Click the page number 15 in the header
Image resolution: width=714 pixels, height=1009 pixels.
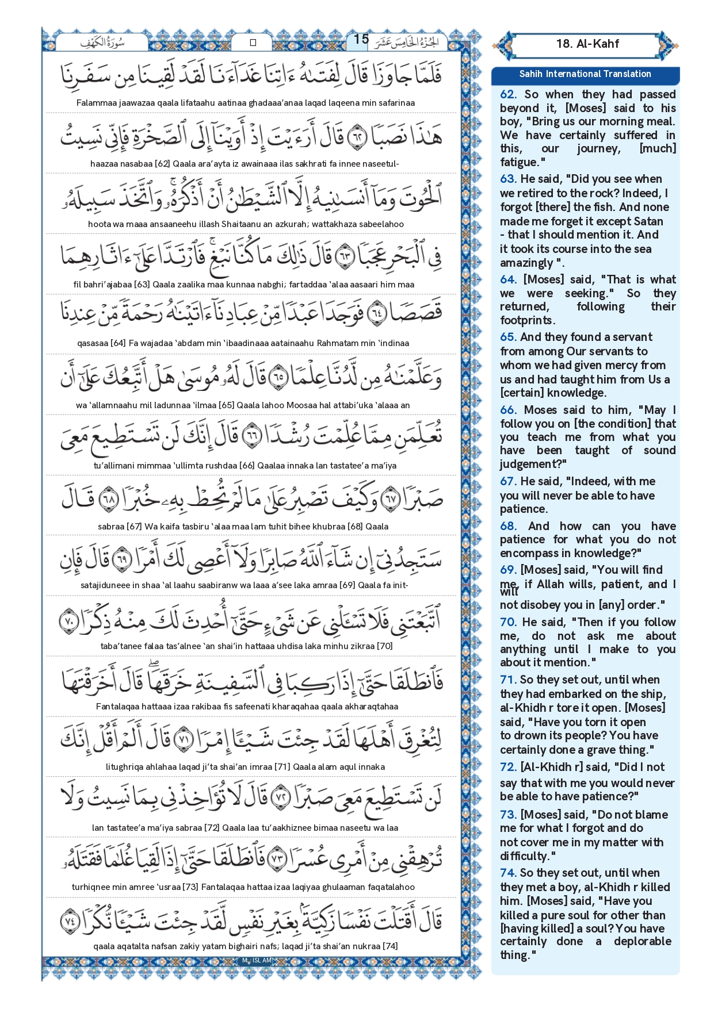tap(361, 39)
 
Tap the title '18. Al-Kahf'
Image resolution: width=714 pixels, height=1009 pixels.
tap(587, 44)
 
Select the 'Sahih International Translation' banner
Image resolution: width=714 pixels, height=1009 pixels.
tap(585, 74)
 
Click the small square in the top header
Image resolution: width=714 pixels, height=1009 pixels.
tap(253, 43)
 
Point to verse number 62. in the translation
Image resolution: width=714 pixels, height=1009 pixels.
tap(508, 95)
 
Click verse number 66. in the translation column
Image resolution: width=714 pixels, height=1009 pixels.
tap(508, 410)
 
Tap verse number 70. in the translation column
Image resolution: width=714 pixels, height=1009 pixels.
tap(508, 622)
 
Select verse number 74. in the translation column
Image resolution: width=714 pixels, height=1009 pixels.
tap(508, 873)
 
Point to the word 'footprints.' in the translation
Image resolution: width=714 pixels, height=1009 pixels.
tap(528, 320)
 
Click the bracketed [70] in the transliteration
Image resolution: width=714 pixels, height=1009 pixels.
tap(385, 646)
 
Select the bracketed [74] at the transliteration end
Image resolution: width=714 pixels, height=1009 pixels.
tap(391, 946)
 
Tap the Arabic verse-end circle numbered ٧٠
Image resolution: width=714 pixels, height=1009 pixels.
tap(69, 621)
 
